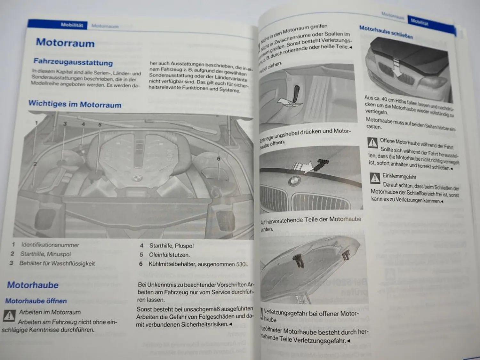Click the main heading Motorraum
tap(65, 43)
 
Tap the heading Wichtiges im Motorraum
tap(75, 104)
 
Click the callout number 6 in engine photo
tap(219, 159)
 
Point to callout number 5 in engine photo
tap(100, 125)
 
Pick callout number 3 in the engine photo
tap(65, 124)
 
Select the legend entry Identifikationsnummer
tap(50, 245)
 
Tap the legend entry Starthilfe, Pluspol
tap(171, 246)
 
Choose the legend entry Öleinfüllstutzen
tap(169, 255)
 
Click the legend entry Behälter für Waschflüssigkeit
tap(57, 264)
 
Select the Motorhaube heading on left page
tap(33, 285)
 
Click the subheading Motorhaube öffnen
tap(36, 301)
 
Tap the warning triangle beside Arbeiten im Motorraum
tap(9, 316)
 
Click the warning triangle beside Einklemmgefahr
tap(375, 178)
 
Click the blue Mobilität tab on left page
tap(72, 25)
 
